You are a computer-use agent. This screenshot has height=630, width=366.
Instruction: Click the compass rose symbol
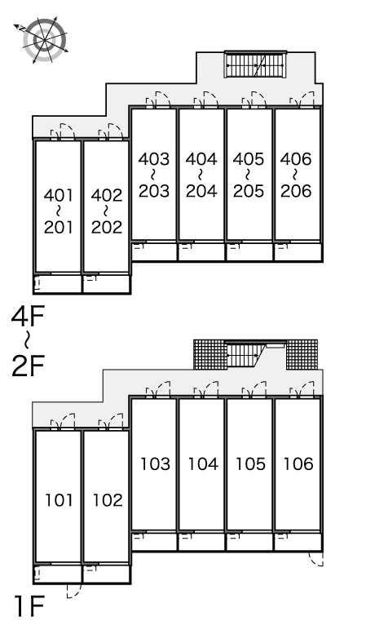click(45, 40)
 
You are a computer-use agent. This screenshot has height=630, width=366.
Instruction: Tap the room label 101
click(59, 500)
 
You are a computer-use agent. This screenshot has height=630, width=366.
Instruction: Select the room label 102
click(108, 500)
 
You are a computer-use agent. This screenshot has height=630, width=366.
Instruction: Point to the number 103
click(156, 464)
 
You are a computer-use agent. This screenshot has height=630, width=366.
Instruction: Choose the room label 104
click(203, 464)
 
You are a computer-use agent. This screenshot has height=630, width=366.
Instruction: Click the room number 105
click(250, 464)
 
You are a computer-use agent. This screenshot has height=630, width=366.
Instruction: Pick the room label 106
click(298, 464)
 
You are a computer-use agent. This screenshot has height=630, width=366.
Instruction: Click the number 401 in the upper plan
click(59, 196)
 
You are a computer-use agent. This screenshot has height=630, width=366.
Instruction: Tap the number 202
click(107, 228)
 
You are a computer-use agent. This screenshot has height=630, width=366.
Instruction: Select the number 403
click(154, 159)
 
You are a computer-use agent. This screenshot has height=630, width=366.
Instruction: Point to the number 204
click(201, 191)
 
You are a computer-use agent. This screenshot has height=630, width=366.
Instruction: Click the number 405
click(249, 159)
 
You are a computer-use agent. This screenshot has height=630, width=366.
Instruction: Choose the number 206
click(296, 191)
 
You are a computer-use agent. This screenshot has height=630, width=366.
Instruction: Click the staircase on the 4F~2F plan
click(255, 64)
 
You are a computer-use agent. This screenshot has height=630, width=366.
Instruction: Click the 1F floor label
click(29, 606)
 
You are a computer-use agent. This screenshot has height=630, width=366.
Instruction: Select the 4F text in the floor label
click(27, 316)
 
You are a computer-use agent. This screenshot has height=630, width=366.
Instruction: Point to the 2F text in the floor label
click(27, 366)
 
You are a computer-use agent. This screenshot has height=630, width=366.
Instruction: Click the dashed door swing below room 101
click(74, 592)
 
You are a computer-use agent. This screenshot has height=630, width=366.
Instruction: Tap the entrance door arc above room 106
click(308, 386)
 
